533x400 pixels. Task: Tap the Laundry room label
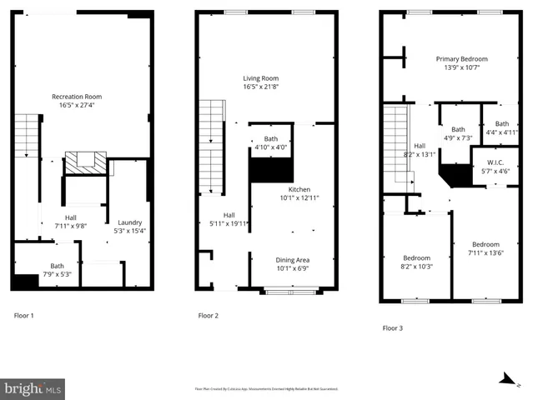pyautogui.click(x=129, y=222)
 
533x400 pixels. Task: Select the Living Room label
pyautogui.click(x=260, y=78)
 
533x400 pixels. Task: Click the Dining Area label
pyautogui.click(x=293, y=259)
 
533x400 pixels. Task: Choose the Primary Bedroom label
pyautogui.click(x=461, y=59)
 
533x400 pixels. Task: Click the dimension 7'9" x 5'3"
pyautogui.click(x=57, y=274)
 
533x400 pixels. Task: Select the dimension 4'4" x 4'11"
pyautogui.click(x=501, y=132)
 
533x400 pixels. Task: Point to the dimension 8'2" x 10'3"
pyautogui.click(x=416, y=267)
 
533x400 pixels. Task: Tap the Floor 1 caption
pyautogui.click(x=24, y=316)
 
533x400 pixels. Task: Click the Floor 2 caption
pyautogui.click(x=208, y=316)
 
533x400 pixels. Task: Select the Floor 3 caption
pyautogui.click(x=392, y=328)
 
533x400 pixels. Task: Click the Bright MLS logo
pyautogui.click(x=33, y=388)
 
